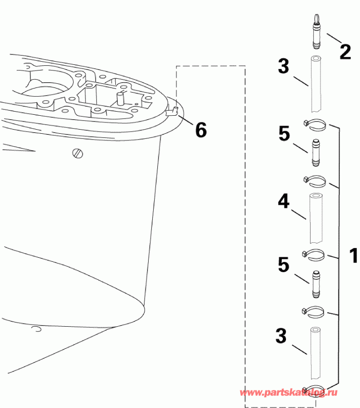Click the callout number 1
pyautogui.click(x=353, y=255)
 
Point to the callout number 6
pyautogui.click(x=201, y=130)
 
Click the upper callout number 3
pyautogui.click(x=284, y=67)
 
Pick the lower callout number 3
pyautogui.click(x=281, y=336)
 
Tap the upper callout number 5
pyautogui.click(x=284, y=134)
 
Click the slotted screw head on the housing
pyautogui.click(x=78, y=153)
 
